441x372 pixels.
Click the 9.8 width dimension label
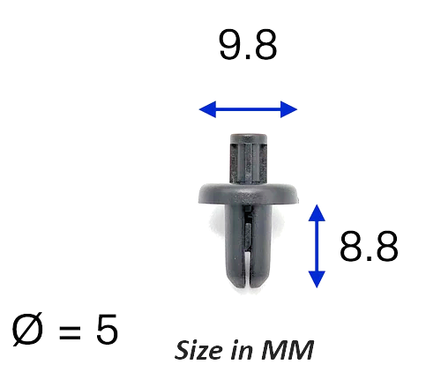pos(248,45)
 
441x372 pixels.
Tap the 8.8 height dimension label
pos(369,246)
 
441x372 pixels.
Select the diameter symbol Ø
pos(27,329)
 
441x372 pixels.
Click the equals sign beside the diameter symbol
pos(70,331)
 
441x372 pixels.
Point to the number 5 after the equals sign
pos(107,329)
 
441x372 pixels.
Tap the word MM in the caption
pos(288,350)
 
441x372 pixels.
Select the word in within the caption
pos(242,350)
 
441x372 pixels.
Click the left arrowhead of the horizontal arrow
pos(207,109)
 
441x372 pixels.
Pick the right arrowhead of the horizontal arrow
pos(288,109)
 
